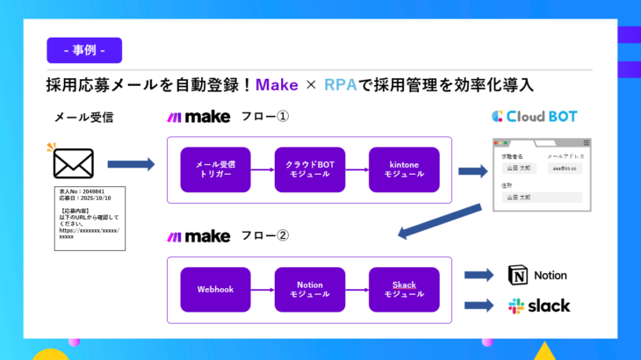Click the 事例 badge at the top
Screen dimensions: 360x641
[84, 50]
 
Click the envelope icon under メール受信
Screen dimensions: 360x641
[73, 163]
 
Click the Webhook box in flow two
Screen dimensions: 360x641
[215, 289]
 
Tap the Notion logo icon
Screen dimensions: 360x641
[519, 276]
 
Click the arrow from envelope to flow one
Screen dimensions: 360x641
[131, 163]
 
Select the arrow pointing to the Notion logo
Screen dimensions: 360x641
[479, 276]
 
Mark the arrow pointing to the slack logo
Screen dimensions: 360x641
[479, 306]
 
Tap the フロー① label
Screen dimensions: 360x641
[264, 116]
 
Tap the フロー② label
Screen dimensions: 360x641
[264, 235]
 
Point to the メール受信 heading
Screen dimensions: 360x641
[84, 116]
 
